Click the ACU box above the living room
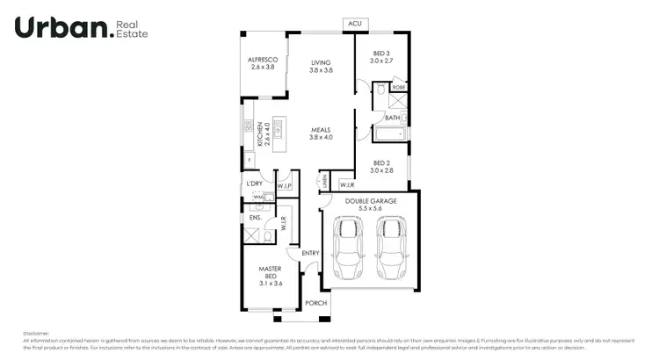[x=355, y=24]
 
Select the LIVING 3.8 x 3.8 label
[x=321, y=66]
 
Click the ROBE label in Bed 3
[x=398, y=88]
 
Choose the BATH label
[x=392, y=117]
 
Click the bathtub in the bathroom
[x=387, y=134]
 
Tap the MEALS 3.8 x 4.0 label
[x=321, y=133]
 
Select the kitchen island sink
[x=279, y=131]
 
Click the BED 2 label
[x=380, y=166]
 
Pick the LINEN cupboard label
[x=324, y=181]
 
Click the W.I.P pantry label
[x=284, y=186]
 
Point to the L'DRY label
[x=255, y=184]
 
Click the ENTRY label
[x=310, y=254]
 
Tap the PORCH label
[x=315, y=303]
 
